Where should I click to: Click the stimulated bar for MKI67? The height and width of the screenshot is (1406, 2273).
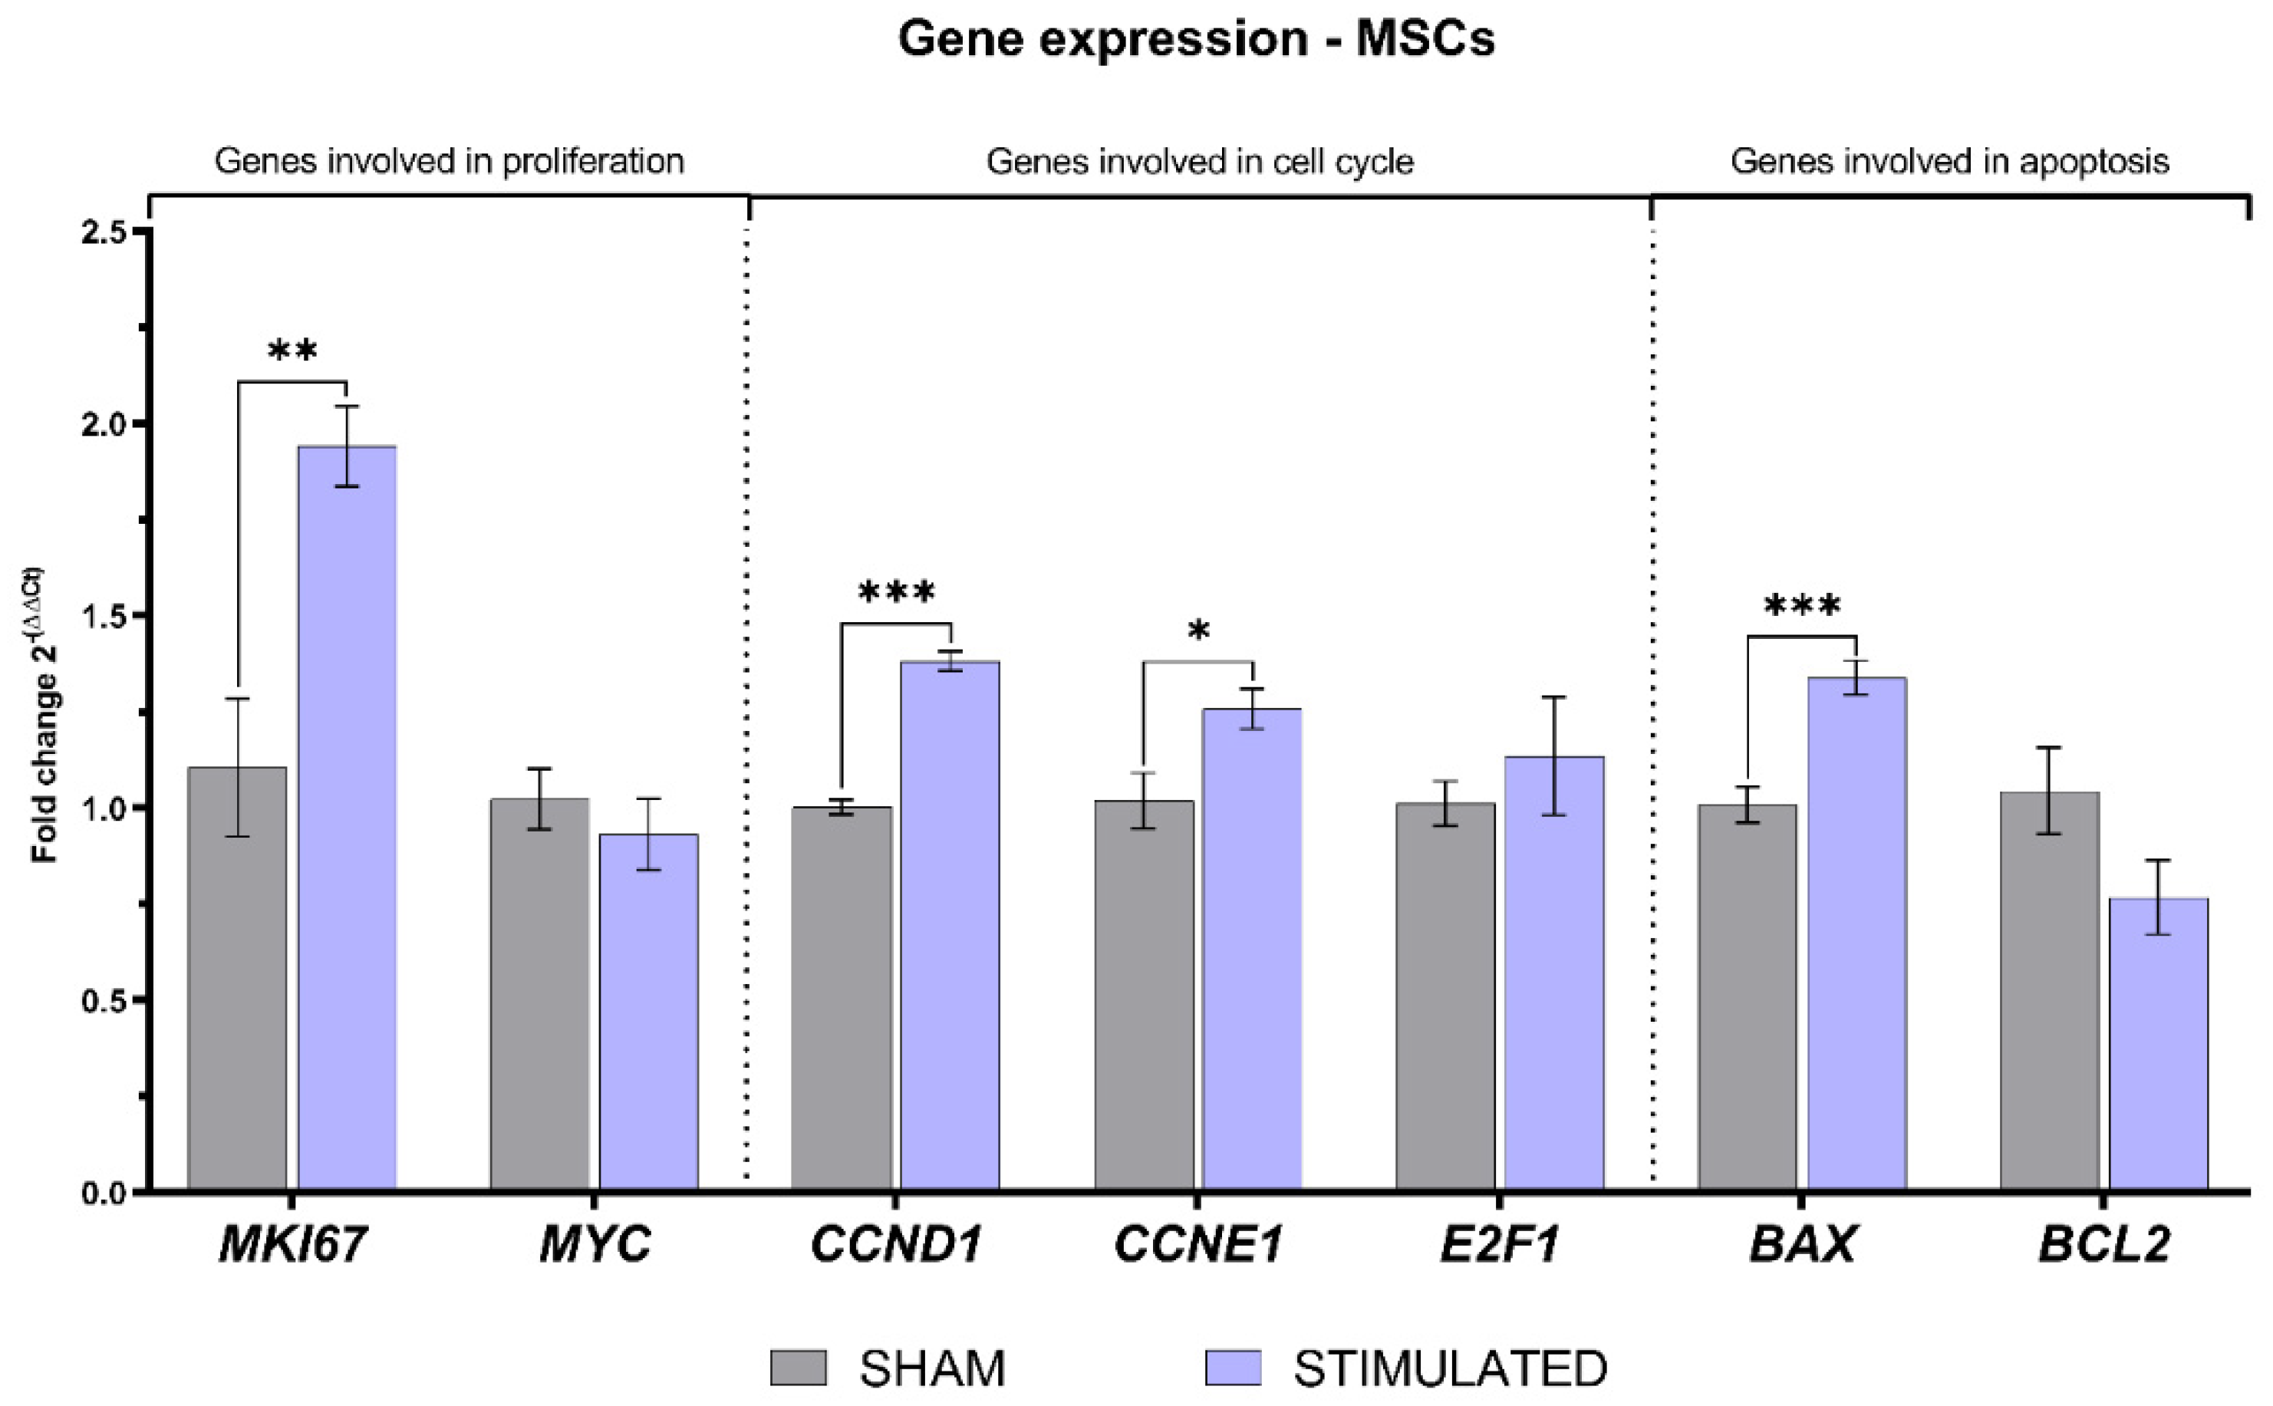[347, 818]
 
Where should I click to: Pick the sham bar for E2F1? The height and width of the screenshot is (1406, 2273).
[1445, 995]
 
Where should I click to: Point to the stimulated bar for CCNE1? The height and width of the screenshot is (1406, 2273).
[1252, 949]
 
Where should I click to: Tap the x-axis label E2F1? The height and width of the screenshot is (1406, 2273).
[1499, 1244]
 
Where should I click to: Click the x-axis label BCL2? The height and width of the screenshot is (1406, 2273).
[2103, 1244]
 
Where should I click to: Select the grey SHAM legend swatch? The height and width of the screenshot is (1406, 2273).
[798, 1368]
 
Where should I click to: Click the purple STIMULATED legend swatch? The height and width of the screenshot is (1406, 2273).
[1232, 1368]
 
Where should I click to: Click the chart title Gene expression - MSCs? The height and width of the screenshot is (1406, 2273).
[1196, 39]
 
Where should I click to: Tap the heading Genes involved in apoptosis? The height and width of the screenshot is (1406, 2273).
[1949, 162]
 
